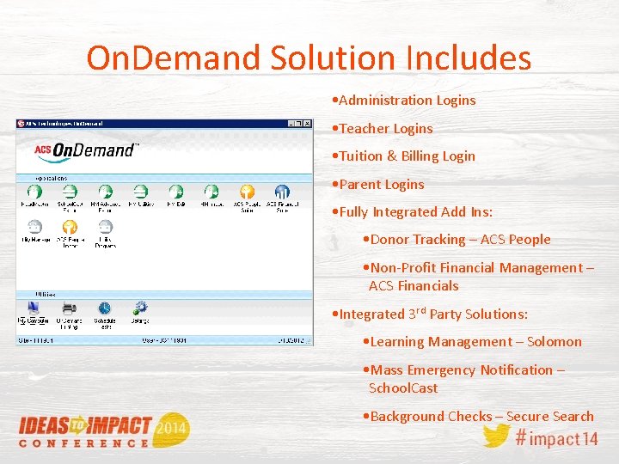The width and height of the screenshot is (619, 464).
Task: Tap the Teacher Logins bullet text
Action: pos(386,128)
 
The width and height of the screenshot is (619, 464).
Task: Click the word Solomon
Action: pos(554,342)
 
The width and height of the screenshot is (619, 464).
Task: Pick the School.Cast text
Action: pos(403,388)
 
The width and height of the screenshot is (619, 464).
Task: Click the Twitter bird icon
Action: pos(496,435)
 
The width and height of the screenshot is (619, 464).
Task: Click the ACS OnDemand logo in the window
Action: pos(86,151)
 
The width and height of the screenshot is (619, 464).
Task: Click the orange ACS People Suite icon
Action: pos(247,192)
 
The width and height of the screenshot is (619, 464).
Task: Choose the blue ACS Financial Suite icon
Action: pos(282,192)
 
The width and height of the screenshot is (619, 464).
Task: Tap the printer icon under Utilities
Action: pos(69,308)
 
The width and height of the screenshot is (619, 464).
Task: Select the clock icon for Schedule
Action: pos(104,308)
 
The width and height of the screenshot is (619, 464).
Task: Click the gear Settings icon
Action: pos(140,307)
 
